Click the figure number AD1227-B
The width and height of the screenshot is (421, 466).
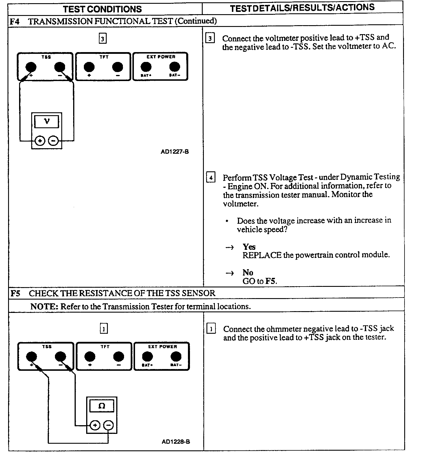pyautogui.click(x=175, y=151)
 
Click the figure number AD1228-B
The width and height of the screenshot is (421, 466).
pyautogui.click(x=176, y=441)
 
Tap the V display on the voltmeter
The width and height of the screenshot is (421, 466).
pyautogui.click(x=47, y=122)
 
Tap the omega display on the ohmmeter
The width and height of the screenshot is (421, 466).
pyautogui.click(x=102, y=406)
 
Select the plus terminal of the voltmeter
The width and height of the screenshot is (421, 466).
pyautogui.click(x=40, y=141)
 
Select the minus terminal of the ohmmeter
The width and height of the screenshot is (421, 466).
pyautogui.click(x=108, y=425)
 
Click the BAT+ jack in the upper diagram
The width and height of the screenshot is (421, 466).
pyautogui.click(x=146, y=67)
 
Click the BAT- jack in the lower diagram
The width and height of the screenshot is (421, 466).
pyautogui.click(x=176, y=357)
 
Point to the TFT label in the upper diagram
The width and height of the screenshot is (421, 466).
pyautogui.click(x=104, y=57)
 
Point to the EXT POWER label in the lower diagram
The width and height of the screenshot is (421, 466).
pyautogui.click(x=163, y=346)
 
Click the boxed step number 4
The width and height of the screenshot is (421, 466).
pyautogui.click(x=211, y=177)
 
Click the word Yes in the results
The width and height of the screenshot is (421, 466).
pyautogui.click(x=249, y=247)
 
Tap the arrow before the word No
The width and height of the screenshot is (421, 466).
pyautogui.click(x=230, y=273)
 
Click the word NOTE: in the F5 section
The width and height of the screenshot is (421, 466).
pyautogui.click(x=44, y=306)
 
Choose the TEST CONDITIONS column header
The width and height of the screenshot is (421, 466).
pyautogui.click(x=102, y=9)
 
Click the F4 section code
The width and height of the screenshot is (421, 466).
pyautogui.click(x=15, y=21)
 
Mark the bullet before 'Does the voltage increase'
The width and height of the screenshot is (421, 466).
pyautogui.click(x=227, y=221)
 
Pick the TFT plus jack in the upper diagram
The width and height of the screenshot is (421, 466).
pyautogui.click(x=89, y=67)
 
